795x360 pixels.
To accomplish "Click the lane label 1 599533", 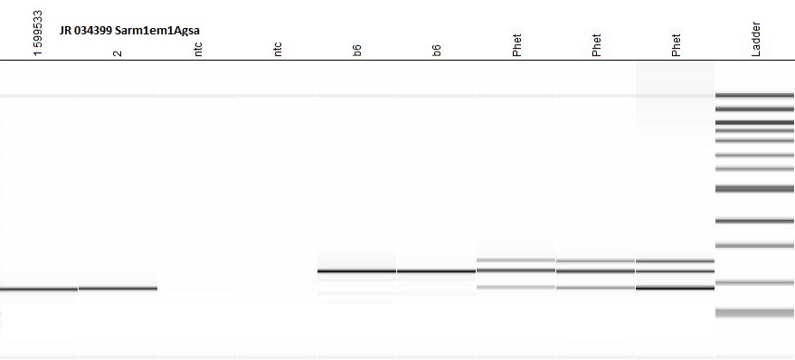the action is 39,33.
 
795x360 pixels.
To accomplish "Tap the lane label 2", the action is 118,52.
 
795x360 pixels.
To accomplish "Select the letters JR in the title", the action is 65,31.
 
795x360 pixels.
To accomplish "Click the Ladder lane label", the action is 756,39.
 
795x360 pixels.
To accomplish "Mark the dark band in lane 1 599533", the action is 39,289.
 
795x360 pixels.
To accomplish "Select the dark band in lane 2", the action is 118,289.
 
